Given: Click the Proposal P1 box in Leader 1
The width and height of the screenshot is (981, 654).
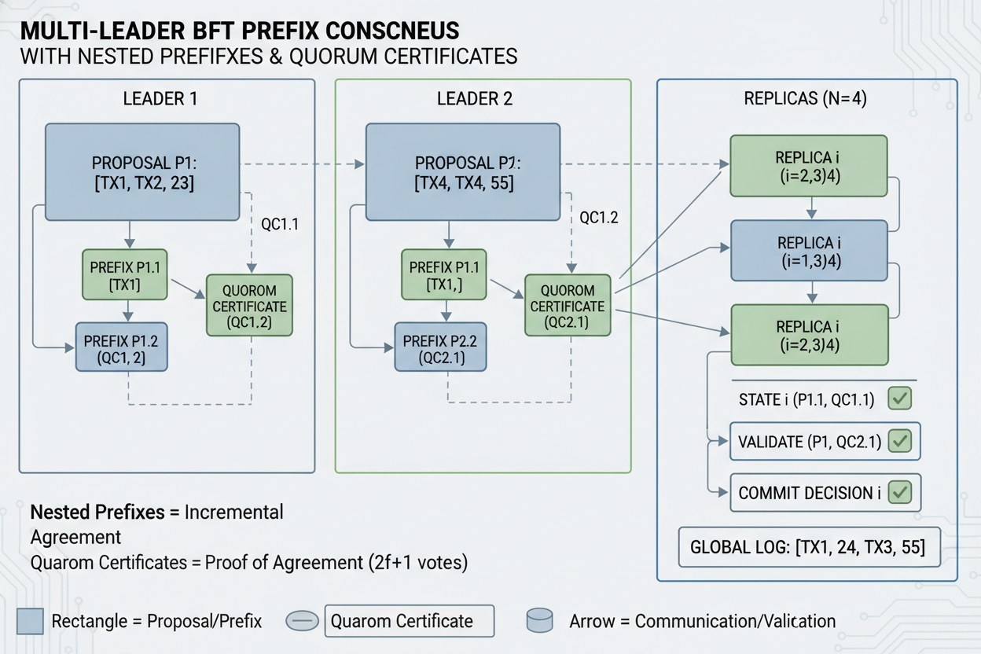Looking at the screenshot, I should point(141,171).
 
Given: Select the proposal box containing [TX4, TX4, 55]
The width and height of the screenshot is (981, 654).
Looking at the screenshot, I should point(462,171).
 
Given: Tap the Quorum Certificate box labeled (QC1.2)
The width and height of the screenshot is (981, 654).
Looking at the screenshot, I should point(249,306).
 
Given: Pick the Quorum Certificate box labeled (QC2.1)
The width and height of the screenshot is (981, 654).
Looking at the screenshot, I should point(568,306).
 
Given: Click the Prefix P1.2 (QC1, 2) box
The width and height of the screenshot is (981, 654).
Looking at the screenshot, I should point(121,347).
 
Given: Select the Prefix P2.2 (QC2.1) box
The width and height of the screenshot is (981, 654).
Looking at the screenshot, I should point(440,347).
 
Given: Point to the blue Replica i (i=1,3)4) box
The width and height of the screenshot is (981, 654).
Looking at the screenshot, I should point(809,251).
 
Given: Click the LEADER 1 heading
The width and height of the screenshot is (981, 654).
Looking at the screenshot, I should point(160,99).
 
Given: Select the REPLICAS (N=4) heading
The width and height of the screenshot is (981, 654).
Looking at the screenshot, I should point(805,100).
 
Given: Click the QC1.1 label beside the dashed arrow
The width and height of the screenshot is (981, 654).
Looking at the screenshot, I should point(280,223).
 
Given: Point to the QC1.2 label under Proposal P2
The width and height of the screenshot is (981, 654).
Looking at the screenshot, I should point(599,218).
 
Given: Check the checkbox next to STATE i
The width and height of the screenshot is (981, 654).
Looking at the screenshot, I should point(898,399).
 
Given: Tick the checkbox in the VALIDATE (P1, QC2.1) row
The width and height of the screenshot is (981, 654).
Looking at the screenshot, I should point(898,442).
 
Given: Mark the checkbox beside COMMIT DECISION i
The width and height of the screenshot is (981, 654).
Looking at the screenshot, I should point(898,493).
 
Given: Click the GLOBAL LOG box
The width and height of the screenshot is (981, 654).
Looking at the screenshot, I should point(809,547).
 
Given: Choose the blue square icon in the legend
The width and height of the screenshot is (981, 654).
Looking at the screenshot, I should point(30,621).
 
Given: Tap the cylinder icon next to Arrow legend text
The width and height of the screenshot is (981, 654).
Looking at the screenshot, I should point(539,621).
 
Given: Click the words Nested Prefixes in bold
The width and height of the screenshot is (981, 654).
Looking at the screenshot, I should point(97,513).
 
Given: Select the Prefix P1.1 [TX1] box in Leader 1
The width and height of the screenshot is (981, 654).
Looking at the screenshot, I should point(125,274).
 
